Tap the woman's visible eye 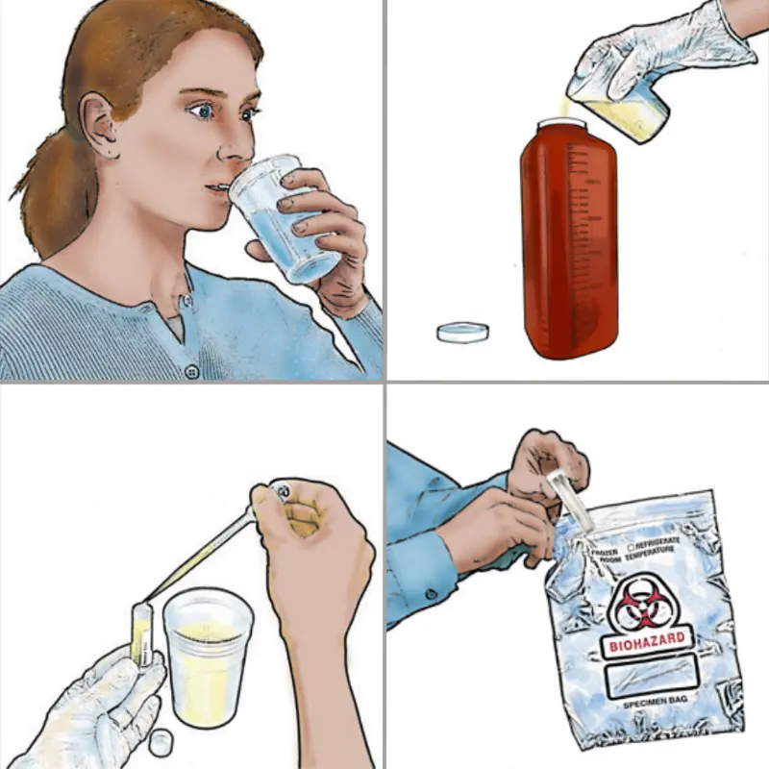(203, 112)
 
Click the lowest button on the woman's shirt (191, 371)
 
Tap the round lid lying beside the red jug (462, 333)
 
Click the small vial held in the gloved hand (142, 634)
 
